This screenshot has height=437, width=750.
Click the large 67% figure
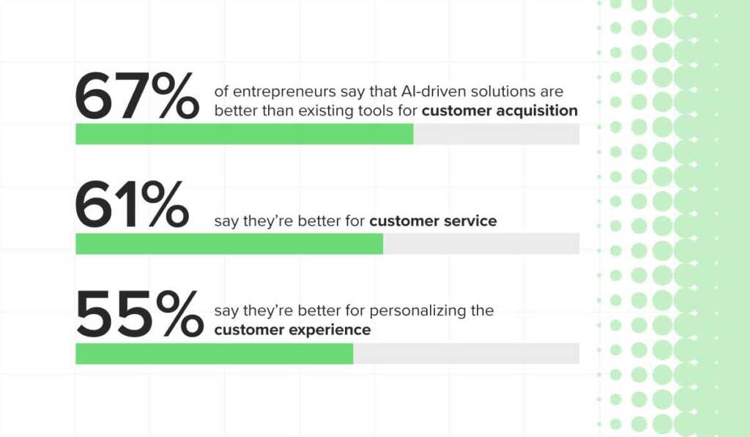point(137,95)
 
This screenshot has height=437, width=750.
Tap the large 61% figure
point(132,204)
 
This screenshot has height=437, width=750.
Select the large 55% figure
point(139,314)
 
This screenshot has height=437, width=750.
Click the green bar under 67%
point(245,134)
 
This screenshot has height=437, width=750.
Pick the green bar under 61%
point(229,244)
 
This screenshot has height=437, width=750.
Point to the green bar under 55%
point(215,354)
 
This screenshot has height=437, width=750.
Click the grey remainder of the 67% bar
point(497,134)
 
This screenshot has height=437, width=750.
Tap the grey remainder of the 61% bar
point(481,244)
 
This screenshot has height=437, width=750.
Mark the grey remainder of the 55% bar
point(467,354)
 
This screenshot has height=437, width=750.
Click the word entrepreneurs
point(285,91)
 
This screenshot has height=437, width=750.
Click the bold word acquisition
point(537,111)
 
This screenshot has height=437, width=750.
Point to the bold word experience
point(330,330)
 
